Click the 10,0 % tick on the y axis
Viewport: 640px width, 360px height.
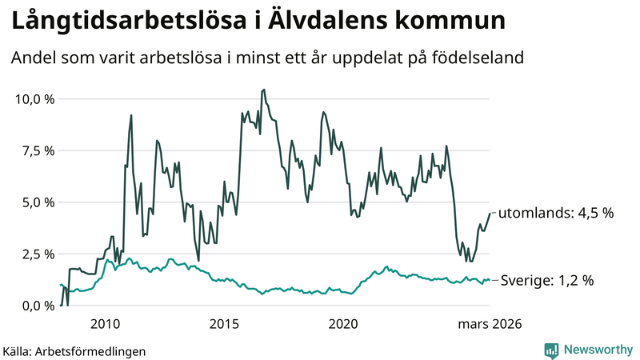pyautogui.click(x=33, y=99)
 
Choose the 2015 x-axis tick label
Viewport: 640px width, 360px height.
pyautogui.click(x=225, y=324)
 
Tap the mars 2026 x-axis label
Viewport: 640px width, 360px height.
pyautogui.click(x=489, y=324)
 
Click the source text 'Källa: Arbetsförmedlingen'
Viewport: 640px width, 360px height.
pyautogui.click(x=74, y=350)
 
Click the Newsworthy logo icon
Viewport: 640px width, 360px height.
pyautogui.click(x=551, y=350)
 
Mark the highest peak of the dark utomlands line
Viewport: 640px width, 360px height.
pyautogui.click(x=264, y=90)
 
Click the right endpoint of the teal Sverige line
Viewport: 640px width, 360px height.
pyautogui.click(x=489, y=280)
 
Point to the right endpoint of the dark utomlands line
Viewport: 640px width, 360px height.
pyautogui.click(x=489, y=213)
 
